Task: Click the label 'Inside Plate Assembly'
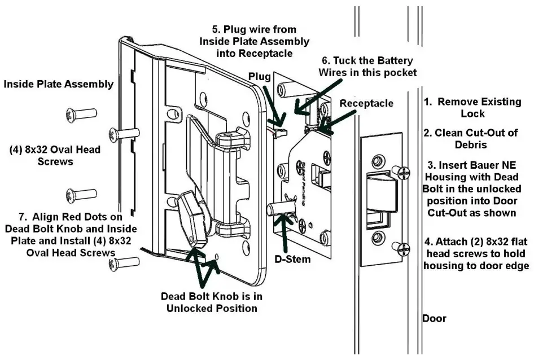[x=59, y=84]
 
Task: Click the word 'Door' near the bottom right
[x=434, y=319]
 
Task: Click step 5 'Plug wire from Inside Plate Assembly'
[x=254, y=41]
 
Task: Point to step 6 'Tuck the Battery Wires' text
[x=367, y=66]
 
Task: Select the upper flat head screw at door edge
[x=401, y=170]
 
